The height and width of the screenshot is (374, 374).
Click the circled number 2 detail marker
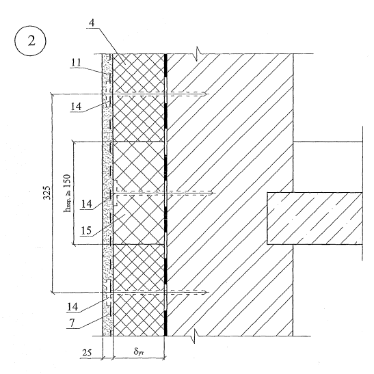(30, 41)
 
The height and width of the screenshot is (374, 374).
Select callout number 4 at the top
(92, 23)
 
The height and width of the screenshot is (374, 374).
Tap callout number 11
(76, 62)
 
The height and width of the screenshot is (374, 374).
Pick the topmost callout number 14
(76, 107)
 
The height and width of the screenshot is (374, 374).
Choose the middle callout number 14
(87, 204)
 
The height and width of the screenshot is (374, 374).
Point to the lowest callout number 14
(72, 307)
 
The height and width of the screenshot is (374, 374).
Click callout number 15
(86, 230)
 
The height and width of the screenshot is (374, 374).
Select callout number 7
(72, 323)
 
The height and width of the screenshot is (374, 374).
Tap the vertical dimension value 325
(46, 193)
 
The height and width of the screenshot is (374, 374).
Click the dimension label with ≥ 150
(67, 193)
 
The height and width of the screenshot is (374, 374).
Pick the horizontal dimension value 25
(87, 353)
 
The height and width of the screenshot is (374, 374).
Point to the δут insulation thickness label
(139, 351)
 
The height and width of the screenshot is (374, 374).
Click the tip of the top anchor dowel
(206, 94)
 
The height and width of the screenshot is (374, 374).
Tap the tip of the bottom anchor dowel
(206, 292)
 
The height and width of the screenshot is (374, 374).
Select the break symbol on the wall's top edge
(198, 54)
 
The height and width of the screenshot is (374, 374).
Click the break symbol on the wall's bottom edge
(196, 336)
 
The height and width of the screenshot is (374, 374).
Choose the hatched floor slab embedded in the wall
(315, 219)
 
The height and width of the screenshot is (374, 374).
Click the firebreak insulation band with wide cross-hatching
(139, 193)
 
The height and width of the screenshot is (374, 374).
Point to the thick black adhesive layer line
(165, 195)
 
